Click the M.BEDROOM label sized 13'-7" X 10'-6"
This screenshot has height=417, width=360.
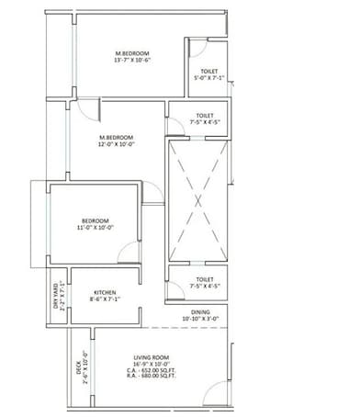(x=133, y=55)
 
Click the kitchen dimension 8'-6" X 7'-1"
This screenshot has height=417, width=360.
(x=106, y=298)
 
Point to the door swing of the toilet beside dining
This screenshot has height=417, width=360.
(x=174, y=290)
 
